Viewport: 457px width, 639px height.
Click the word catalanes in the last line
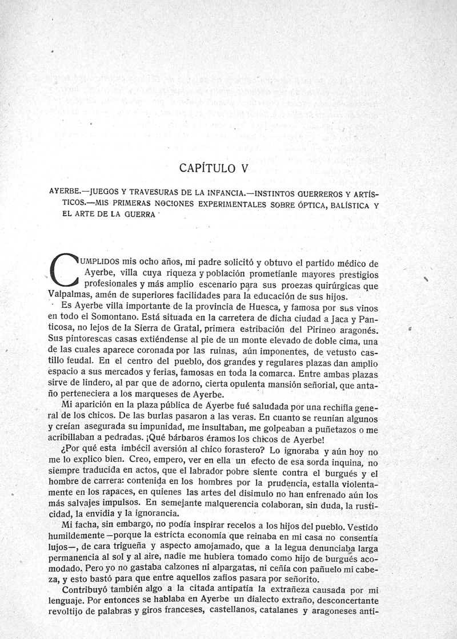point(271,613)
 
